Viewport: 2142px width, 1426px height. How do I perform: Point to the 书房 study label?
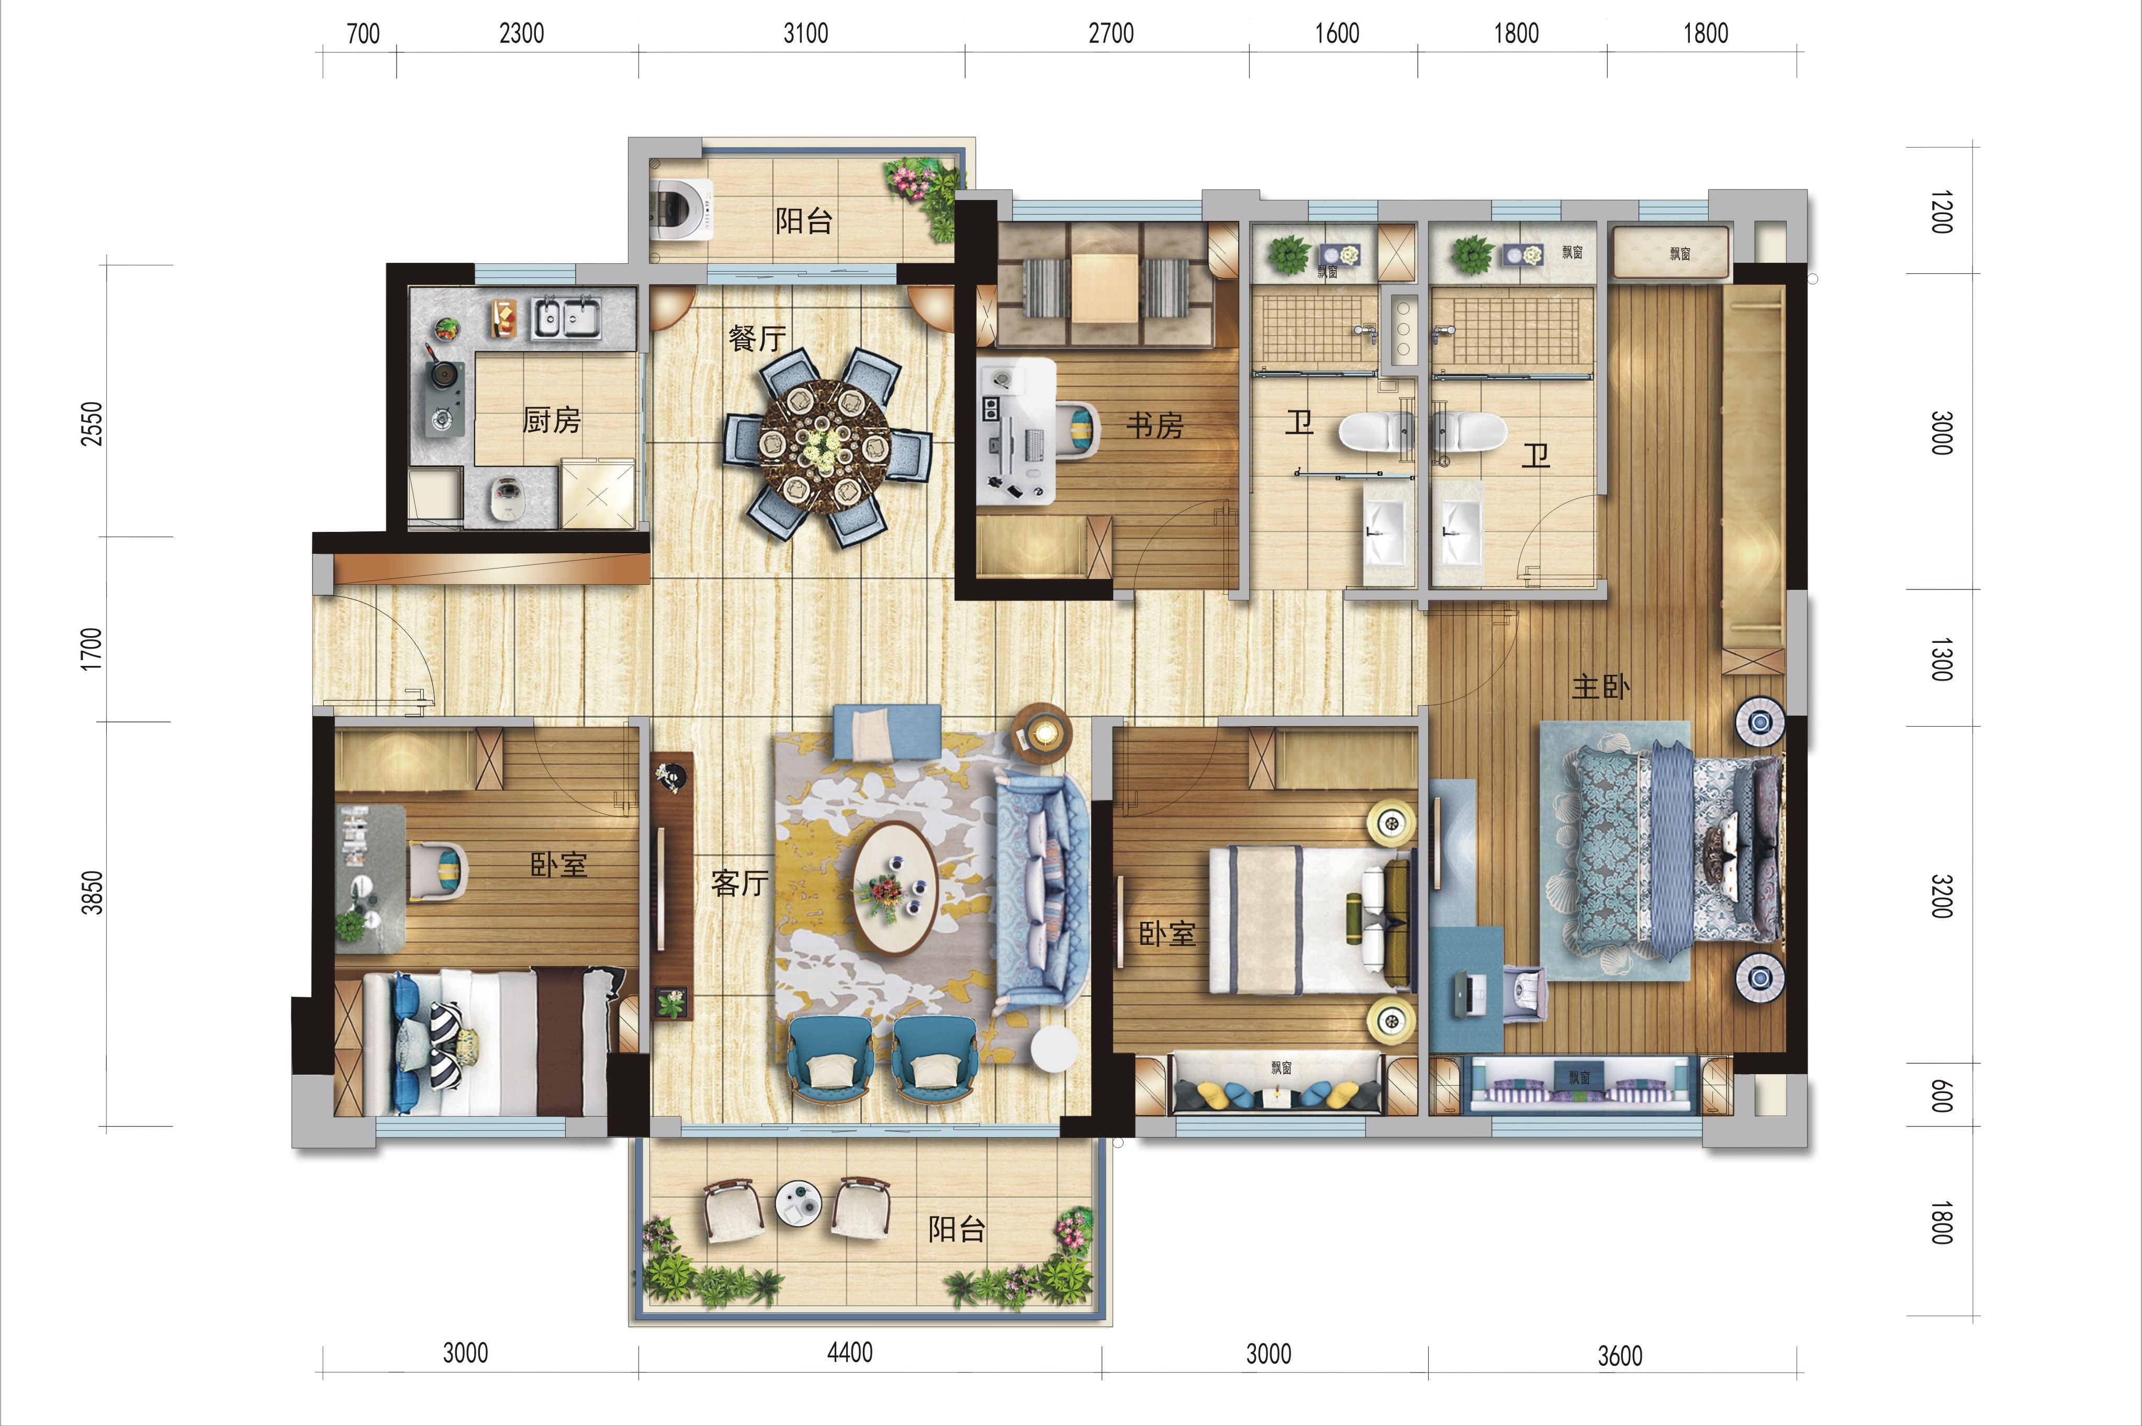[x=1154, y=425]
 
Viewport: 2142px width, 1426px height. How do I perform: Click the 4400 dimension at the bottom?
[x=850, y=1352]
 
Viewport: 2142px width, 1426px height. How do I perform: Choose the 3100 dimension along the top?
[x=805, y=34]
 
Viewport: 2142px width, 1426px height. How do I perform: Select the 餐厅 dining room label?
[x=757, y=338]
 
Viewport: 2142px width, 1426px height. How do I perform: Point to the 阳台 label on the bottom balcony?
[x=957, y=1230]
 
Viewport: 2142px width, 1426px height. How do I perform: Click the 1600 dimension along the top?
[x=1337, y=34]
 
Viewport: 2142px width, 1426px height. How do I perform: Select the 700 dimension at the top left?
[x=363, y=34]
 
